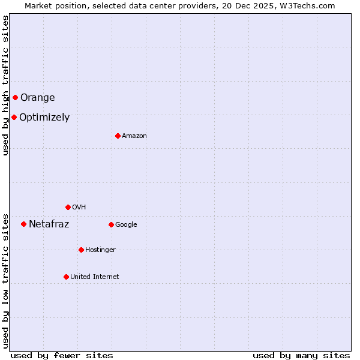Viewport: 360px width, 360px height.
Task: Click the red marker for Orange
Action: (15, 97)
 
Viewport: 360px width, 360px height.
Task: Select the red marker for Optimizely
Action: (14, 117)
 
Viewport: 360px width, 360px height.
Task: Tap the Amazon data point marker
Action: (118, 136)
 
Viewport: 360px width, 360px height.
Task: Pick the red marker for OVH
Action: (68, 207)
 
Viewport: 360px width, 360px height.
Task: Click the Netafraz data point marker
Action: (23, 224)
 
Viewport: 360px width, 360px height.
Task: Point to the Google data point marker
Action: (111, 224)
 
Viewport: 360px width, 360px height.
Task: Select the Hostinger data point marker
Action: (81, 250)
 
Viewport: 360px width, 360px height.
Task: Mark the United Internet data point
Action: (66, 277)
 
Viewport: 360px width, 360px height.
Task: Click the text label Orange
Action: (37, 97)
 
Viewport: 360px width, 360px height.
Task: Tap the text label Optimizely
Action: (44, 118)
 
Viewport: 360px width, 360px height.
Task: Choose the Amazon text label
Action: (134, 136)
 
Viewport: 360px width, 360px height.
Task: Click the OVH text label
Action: (79, 208)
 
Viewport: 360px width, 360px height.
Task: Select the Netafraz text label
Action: (49, 224)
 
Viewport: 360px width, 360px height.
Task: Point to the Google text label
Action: (126, 225)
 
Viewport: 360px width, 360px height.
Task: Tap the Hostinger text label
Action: (100, 250)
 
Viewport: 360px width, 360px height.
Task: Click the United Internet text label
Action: (95, 277)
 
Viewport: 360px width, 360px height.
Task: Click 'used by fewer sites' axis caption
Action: (62, 355)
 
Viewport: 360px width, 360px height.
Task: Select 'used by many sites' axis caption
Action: (301, 355)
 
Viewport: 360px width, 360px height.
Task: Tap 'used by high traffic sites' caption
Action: (5, 85)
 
